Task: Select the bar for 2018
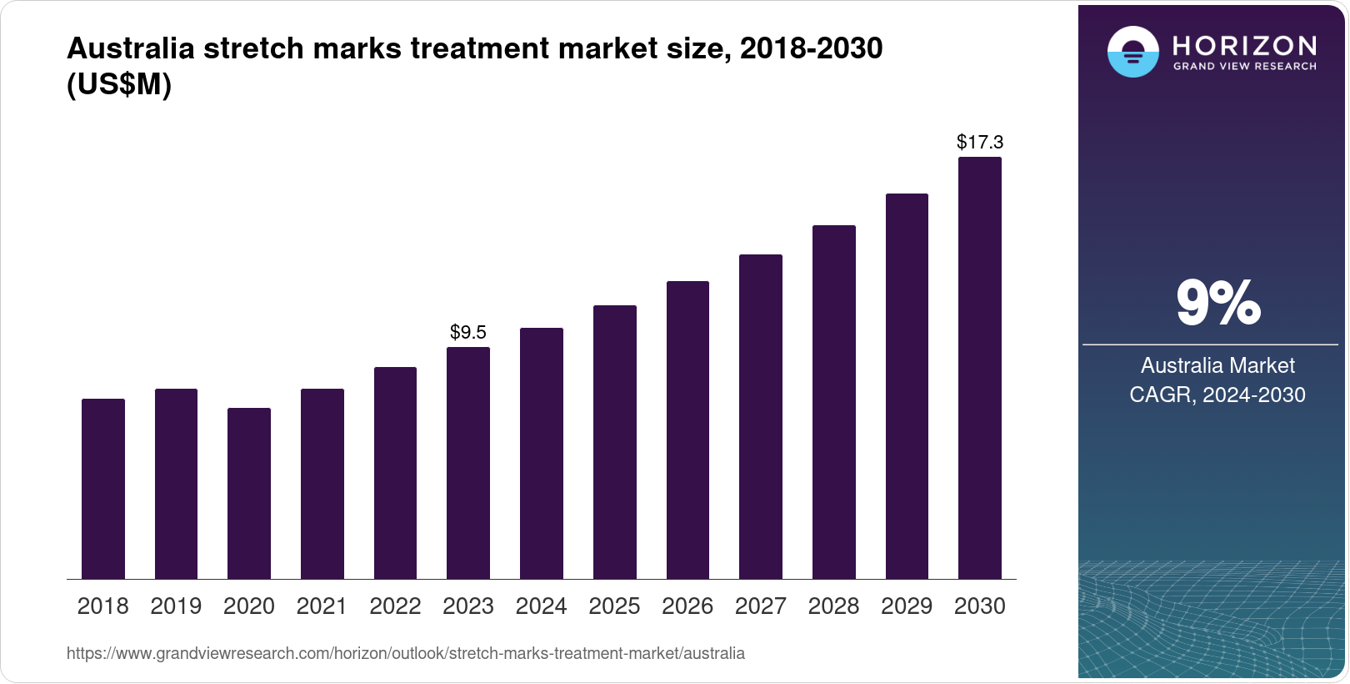[x=103, y=489]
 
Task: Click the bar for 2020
[x=249, y=493]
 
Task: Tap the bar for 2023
[x=468, y=463]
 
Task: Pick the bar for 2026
[x=687, y=430]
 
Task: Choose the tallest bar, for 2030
[x=980, y=368]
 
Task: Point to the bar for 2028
[x=834, y=402]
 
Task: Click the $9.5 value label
[x=468, y=332]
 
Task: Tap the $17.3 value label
[x=980, y=142]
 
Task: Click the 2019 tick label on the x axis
[x=176, y=606]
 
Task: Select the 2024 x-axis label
[x=541, y=606]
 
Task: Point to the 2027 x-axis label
[x=761, y=606]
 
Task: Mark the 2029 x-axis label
[x=907, y=606]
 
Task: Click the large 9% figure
[x=1217, y=303]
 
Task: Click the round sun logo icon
[x=1132, y=52]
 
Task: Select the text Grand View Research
[x=1244, y=66]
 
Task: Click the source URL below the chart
[x=406, y=653]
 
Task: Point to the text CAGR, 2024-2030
[x=1217, y=395]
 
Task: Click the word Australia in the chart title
[x=131, y=48]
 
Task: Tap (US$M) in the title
[x=119, y=84]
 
